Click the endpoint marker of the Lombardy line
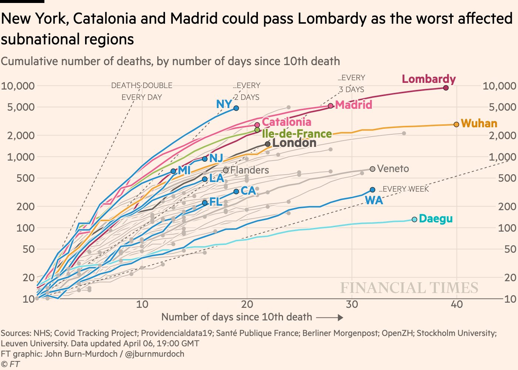(x=446, y=88)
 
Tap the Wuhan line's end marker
(x=456, y=124)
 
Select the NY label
(x=224, y=104)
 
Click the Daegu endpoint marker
(x=414, y=219)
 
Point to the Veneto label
(x=393, y=169)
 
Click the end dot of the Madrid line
(x=331, y=106)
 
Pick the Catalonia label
(x=286, y=122)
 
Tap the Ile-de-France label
(x=297, y=134)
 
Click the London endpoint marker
(x=268, y=144)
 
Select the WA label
(x=374, y=201)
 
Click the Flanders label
(x=249, y=170)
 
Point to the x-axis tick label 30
(x=352, y=305)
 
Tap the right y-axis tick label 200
(x=507, y=206)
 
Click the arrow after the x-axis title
(x=330, y=317)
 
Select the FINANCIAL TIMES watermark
(x=409, y=288)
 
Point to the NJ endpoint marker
(x=205, y=159)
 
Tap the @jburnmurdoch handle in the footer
(x=155, y=354)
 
